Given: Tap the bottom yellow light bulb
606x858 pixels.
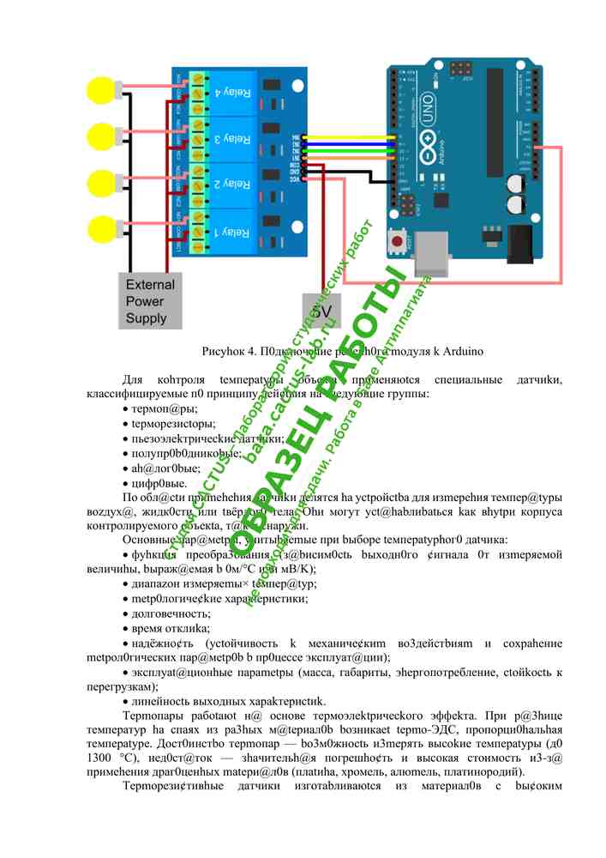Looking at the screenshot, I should (102, 229).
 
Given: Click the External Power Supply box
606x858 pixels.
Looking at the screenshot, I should (150, 301).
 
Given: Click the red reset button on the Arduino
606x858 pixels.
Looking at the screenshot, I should (399, 243).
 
